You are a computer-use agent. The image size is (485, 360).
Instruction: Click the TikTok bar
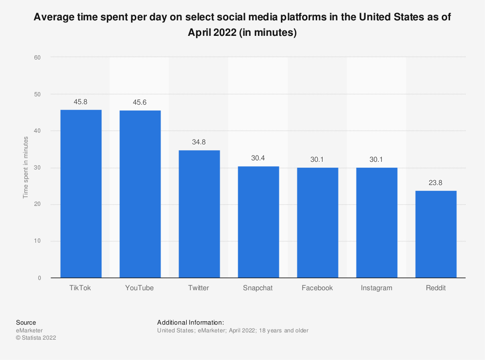[81, 194]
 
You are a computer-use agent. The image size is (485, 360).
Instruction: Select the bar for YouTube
[140, 194]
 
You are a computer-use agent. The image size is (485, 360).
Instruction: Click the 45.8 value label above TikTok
[81, 102]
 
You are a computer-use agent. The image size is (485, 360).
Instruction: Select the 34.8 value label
[199, 143]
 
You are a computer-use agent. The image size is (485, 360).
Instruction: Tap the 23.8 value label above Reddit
[436, 183]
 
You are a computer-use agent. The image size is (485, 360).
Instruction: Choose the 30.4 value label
[258, 159]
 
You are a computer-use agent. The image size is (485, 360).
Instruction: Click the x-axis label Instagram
[376, 288]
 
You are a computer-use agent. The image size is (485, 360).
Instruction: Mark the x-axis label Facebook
[317, 288]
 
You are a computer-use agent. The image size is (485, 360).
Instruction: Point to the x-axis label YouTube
[140, 288]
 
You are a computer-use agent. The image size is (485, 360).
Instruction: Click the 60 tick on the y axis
[37, 57]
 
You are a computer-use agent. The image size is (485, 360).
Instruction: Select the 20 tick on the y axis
[37, 204]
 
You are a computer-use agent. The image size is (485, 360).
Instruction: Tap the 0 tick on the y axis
[39, 278]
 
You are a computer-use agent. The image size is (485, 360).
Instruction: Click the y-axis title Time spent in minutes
[26, 168]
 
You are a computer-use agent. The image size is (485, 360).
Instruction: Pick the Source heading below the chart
[26, 322]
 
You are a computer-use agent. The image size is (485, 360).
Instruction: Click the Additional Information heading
[191, 322]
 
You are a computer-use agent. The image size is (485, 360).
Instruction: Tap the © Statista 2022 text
[36, 338]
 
